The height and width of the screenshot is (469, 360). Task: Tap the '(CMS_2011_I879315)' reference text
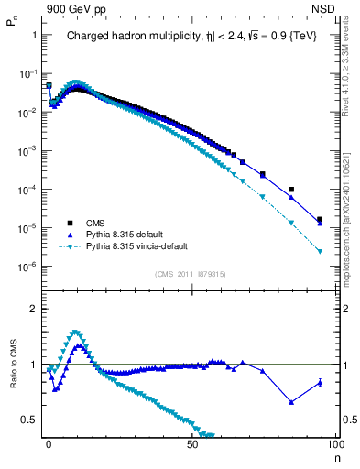tap(190, 274)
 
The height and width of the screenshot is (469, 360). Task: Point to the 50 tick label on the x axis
tap(191, 443)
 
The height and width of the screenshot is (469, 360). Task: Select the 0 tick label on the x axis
tap(49, 443)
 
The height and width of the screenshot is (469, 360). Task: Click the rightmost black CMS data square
tap(319, 220)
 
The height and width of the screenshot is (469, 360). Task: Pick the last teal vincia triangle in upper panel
tap(319, 251)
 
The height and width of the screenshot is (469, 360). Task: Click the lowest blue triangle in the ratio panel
tap(290, 401)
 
